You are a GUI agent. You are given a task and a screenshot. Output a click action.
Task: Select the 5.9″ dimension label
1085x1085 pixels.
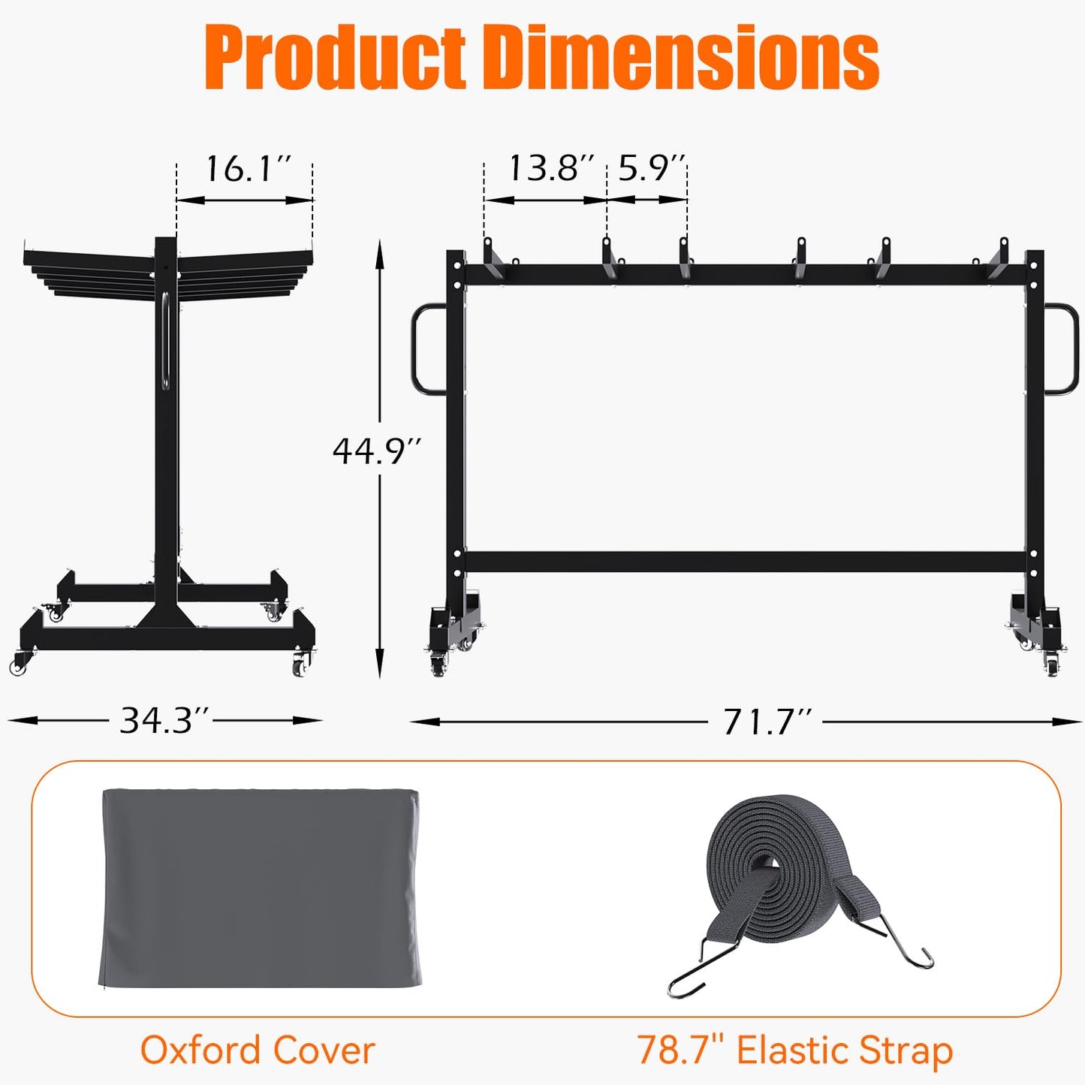pos(651,168)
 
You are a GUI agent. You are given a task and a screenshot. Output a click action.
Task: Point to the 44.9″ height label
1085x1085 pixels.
pos(377,451)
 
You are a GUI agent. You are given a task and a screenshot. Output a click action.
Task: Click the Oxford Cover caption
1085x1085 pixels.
pos(257,1050)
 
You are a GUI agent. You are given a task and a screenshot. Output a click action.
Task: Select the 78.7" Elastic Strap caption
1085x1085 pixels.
pos(794,1050)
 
